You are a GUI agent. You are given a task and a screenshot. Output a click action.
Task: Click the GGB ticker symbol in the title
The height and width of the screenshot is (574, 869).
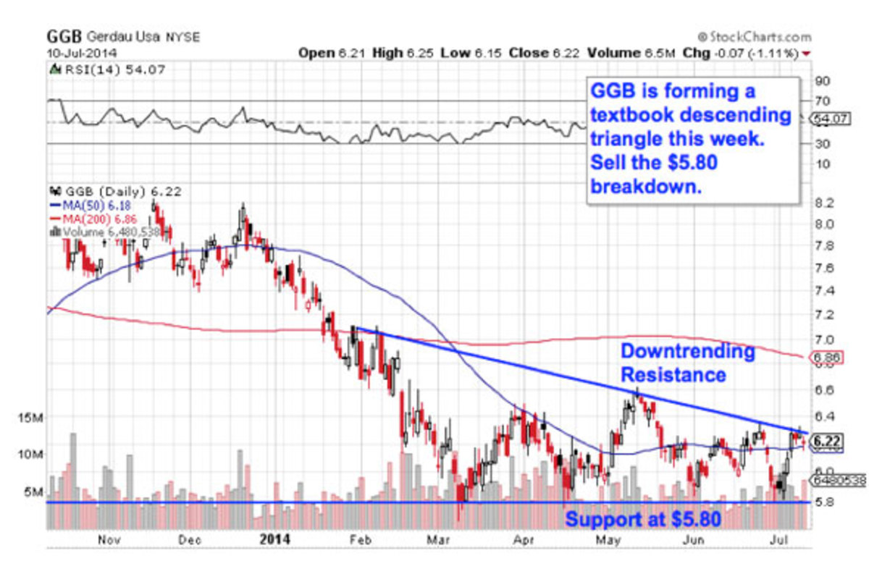point(65,36)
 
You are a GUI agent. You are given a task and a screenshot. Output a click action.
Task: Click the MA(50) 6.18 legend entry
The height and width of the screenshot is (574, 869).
point(91,206)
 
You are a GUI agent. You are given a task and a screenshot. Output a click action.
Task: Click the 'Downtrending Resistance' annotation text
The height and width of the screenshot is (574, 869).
point(687,363)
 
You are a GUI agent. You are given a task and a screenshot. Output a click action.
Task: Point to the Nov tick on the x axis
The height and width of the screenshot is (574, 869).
point(107,539)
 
